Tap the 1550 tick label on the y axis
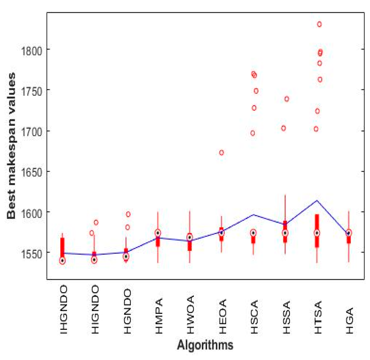pos(32,254)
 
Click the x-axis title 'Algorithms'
pos(205,345)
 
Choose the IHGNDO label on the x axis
pos(63,309)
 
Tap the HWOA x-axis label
pos(191,314)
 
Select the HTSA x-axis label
pos(318,317)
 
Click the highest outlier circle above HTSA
pos(319,24)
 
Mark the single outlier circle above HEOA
pos(222,153)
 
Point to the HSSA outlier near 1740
pos(287,99)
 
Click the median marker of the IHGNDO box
pos(62,261)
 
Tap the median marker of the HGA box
pos(349,233)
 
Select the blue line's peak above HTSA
pos(317,200)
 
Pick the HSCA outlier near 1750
pos(256,91)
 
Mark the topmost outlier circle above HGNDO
pos(128,214)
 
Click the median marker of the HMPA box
pos(158,233)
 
